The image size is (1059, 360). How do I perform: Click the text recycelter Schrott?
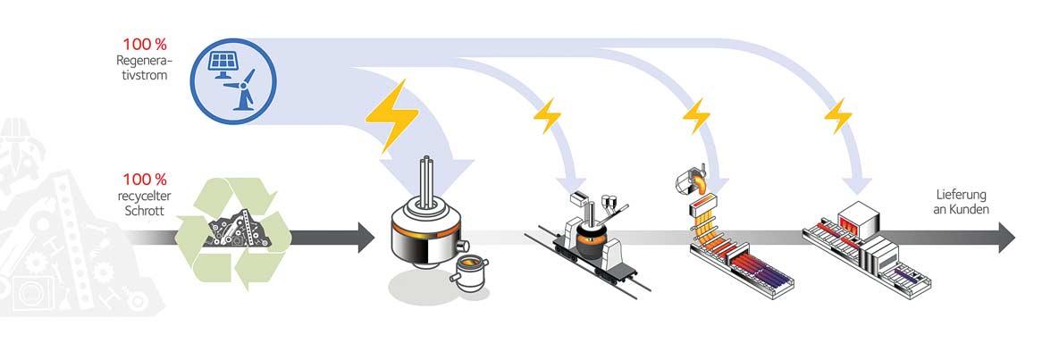(144, 203)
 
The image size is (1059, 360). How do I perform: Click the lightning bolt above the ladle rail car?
(546, 116)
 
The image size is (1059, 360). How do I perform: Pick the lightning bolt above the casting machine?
(695, 116)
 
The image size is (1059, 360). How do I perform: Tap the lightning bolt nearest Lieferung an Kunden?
(837, 116)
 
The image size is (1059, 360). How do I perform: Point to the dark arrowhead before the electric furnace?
(366, 237)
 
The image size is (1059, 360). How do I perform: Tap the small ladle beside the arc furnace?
(467, 273)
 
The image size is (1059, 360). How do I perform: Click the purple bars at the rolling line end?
(905, 273)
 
